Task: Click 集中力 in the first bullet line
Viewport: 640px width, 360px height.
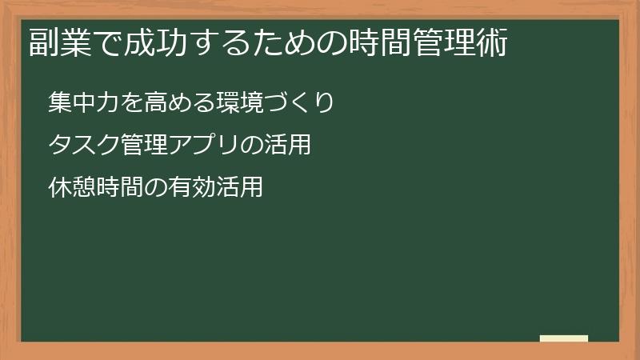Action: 83,102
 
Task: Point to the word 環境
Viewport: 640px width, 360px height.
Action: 238,102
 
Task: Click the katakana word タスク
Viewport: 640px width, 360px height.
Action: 83,146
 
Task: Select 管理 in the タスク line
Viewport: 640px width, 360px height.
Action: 143,146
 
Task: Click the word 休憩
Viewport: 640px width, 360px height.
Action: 71,189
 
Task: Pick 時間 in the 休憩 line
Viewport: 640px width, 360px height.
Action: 119,189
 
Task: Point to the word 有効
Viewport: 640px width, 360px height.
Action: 191,189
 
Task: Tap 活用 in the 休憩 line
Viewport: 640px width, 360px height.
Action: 239,189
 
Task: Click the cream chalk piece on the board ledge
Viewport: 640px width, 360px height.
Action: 564,338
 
